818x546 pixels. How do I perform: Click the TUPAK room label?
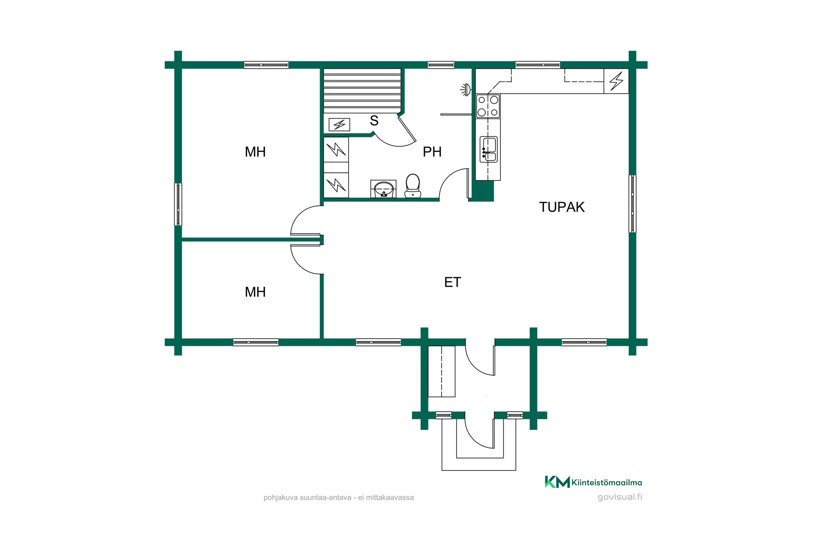[x=562, y=207]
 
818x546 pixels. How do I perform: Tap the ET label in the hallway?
[x=452, y=282]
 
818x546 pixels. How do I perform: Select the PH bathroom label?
[x=432, y=151]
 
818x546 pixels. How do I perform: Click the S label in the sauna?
[x=374, y=121]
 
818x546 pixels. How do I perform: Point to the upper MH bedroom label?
[x=255, y=151]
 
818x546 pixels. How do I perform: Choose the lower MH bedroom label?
[x=255, y=292]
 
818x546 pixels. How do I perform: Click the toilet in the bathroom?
[x=412, y=186]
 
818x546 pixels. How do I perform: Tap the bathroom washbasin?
[x=383, y=189]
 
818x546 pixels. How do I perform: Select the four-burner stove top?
[x=488, y=106]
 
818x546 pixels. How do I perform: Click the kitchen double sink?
[x=488, y=149]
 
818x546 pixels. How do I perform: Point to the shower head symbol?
[x=465, y=89]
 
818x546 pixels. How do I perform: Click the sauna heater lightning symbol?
[x=340, y=125]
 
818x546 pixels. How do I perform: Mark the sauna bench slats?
[x=362, y=91]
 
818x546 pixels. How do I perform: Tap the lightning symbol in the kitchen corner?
[x=616, y=81]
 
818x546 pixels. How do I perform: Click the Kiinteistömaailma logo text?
[x=607, y=482]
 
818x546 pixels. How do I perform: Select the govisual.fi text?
[x=619, y=497]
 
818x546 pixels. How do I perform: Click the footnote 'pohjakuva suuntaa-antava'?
[x=308, y=497]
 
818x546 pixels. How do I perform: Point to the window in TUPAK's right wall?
[x=633, y=203]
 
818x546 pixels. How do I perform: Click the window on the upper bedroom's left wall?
[x=178, y=204]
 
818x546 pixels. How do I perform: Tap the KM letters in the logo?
[x=557, y=482]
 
